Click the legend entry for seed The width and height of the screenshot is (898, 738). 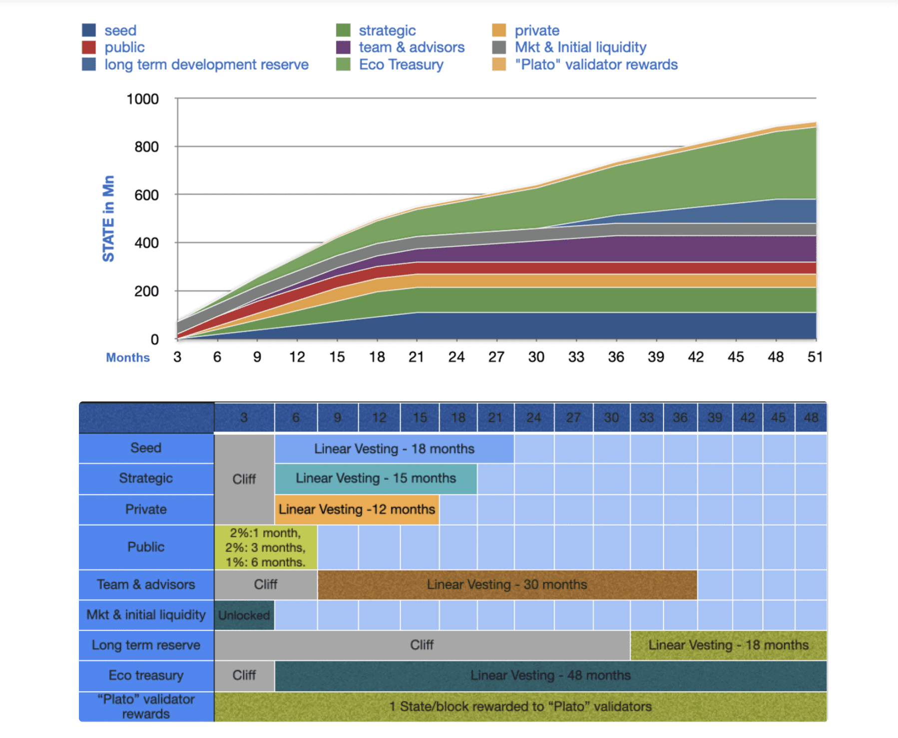tap(120, 30)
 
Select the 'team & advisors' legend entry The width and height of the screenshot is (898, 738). tap(411, 47)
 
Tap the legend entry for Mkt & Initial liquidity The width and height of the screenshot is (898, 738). tap(580, 47)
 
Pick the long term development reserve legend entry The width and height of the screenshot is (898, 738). tap(206, 65)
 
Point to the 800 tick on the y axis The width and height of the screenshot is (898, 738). tap(146, 147)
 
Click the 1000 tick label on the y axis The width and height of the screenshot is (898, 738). tap(142, 99)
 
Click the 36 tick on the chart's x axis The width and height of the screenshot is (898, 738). tap(616, 357)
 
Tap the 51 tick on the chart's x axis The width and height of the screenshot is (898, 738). tap(815, 357)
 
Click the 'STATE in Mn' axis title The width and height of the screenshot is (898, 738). tap(108, 219)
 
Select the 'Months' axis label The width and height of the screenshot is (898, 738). tap(128, 358)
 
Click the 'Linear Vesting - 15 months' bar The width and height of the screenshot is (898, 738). tap(376, 478)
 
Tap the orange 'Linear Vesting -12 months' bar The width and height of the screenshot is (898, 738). tap(357, 509)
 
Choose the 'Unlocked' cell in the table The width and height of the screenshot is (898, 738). tap(244, 615)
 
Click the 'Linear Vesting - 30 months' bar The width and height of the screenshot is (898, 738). tap(507, 584)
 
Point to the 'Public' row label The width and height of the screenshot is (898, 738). tap(146, 547)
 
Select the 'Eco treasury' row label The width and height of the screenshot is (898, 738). tap(146, 675)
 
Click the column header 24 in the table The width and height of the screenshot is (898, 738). tap(533, 417)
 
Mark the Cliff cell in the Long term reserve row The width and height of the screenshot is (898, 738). tap(422, 645)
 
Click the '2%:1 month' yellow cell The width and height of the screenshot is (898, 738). tap(265, 547)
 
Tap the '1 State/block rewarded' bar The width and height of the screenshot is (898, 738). tap(520, 707)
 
